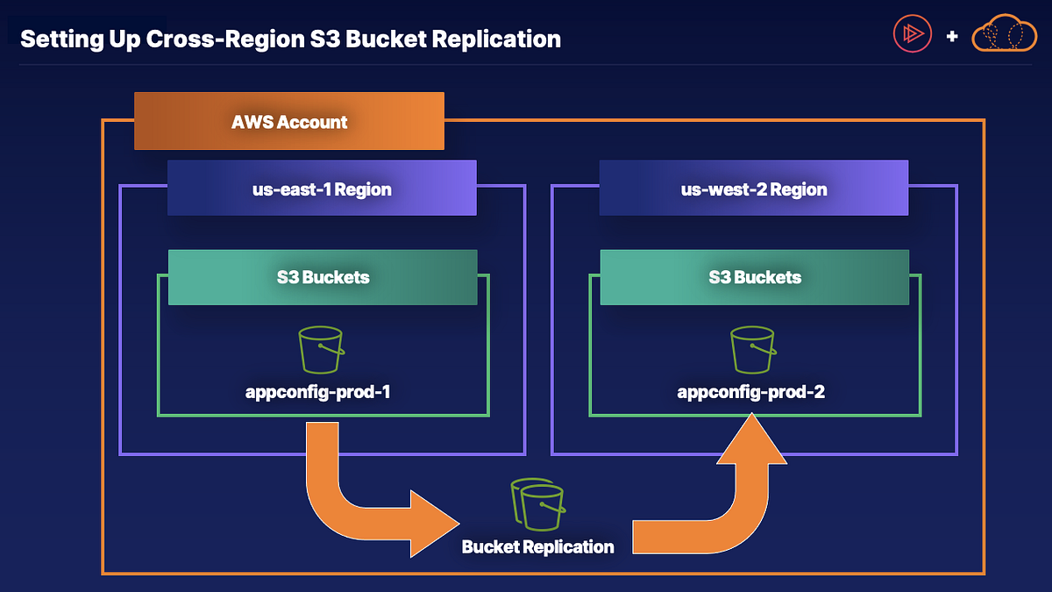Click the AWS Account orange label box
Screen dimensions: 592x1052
289,122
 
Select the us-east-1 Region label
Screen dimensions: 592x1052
322,189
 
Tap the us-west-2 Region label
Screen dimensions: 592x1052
754,189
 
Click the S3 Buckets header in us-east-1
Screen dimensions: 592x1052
323,277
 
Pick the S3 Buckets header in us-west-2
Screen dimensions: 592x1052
755,277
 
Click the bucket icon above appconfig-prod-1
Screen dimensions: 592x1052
320,350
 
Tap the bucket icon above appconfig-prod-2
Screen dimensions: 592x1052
752,350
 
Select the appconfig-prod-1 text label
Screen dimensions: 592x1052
317,392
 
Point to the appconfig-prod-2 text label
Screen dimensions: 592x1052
751,392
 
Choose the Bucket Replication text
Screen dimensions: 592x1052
537,547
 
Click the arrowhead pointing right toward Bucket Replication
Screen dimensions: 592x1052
434,524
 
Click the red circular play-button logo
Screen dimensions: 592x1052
913,34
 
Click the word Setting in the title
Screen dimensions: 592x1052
53,39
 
